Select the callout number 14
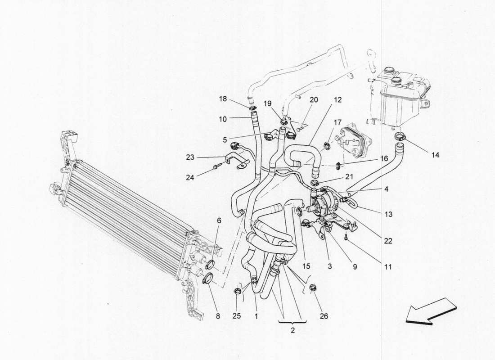pyautogui.click(x=435, y=155)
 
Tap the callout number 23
pyautogui.click(x=190, y=157)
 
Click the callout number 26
pyautogui.click(x=324, y=316)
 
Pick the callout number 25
pyautogui.click(x=237, y=316)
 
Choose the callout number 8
pyautogui.click(x=218, y=316)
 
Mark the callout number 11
pyautogui.click(x=387, y=267)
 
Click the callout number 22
pyautogui.click(x=388, y=241)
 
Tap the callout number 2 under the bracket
pyautogui.click(x=292, y=330)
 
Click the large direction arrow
pyautogui.click(x=431, y=310)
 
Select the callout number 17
pyautogui.click(x=337, y=122)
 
